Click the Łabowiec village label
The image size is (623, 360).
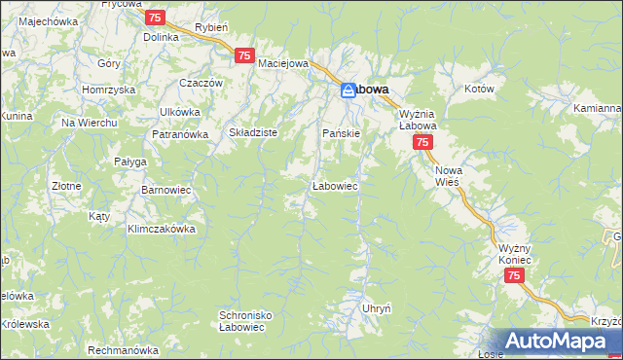tap(339, 184)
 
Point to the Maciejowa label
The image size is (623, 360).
tap(283, 64)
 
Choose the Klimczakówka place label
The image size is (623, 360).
tap(162, 230)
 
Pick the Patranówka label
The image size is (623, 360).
tap(180, 134)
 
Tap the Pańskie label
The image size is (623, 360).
tap(342, 132)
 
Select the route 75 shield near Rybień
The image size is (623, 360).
tap(154, 18)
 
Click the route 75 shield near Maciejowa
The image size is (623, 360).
tap(243, 56)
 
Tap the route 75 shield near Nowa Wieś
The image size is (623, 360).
tap(421, 142)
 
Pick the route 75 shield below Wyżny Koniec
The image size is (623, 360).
tap(515, 276)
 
